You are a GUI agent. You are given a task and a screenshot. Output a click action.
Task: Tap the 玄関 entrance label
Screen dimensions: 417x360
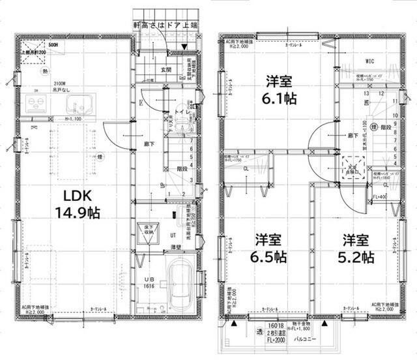(167, 70)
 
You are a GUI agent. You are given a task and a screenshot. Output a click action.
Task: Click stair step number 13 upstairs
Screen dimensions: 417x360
(367, 93)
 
